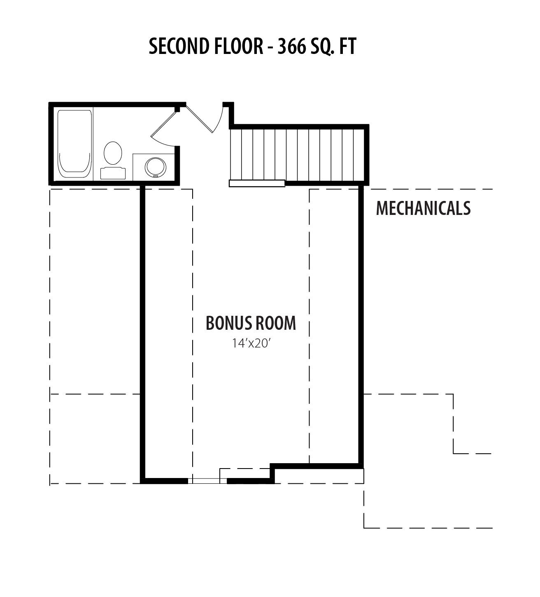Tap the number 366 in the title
click(291, 47)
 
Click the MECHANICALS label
click(423, 208)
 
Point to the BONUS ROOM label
click(251, 323)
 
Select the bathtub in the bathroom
click(74, 145)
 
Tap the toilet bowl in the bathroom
click(113, 153)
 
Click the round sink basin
click(155, 167)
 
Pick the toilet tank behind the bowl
click(113, 173)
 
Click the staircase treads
click(297, 155)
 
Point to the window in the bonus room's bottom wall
click(207, 480)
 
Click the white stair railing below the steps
click(257, 183)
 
